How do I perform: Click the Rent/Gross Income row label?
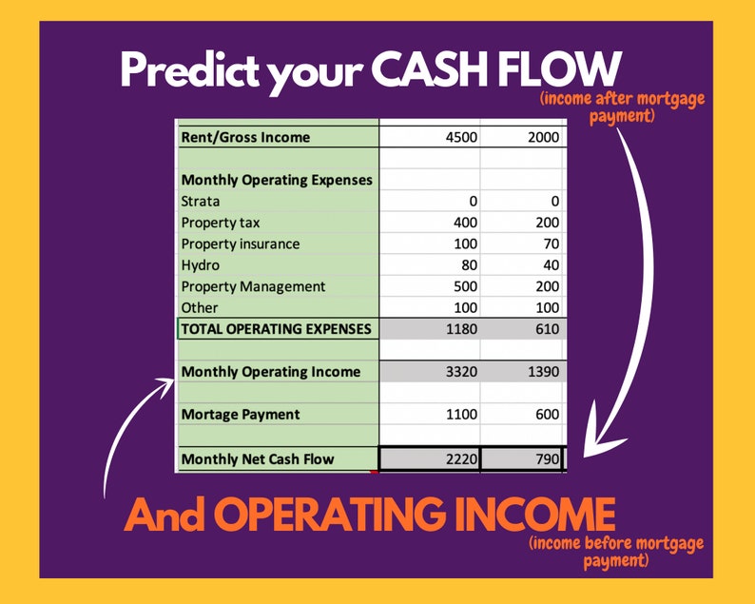coord(245,137)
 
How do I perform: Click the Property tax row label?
coord(220,223)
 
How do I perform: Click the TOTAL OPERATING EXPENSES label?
coord(277,329)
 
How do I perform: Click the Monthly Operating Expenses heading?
coord(277,180)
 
